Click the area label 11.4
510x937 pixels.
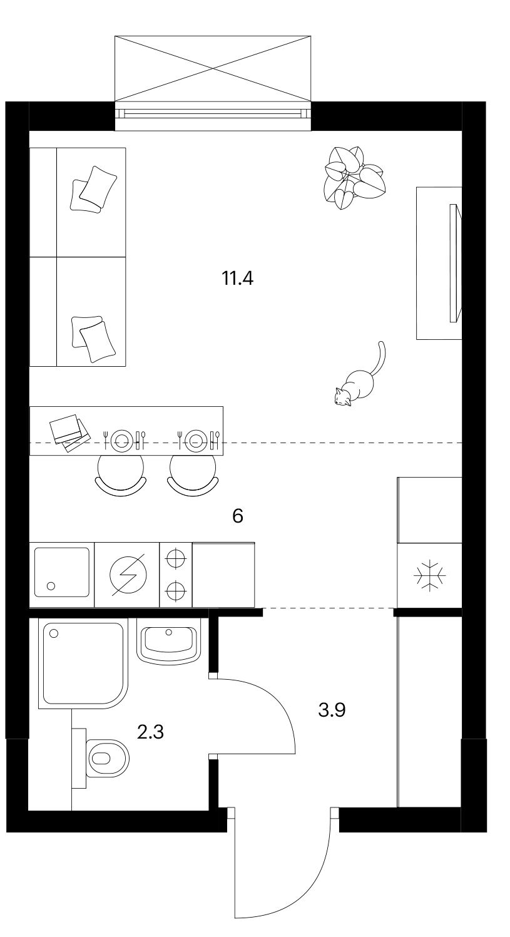coord(237,278)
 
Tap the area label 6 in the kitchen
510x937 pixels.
coord(237,516)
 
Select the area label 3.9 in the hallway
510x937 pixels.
coord(332,710)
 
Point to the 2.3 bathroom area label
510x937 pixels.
coord(150,732)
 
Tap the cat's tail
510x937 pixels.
coord(380,357)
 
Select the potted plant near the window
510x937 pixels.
coord(354,178)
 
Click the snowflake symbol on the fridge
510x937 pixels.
coord(430,576)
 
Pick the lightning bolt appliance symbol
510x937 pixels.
coord(128,575)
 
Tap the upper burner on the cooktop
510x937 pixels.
coord(176,558)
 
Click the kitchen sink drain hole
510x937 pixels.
coord(51,586)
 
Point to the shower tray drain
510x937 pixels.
coord(54,633)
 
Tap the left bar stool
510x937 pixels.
coord(121,475)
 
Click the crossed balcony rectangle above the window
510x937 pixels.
coord(213,69)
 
